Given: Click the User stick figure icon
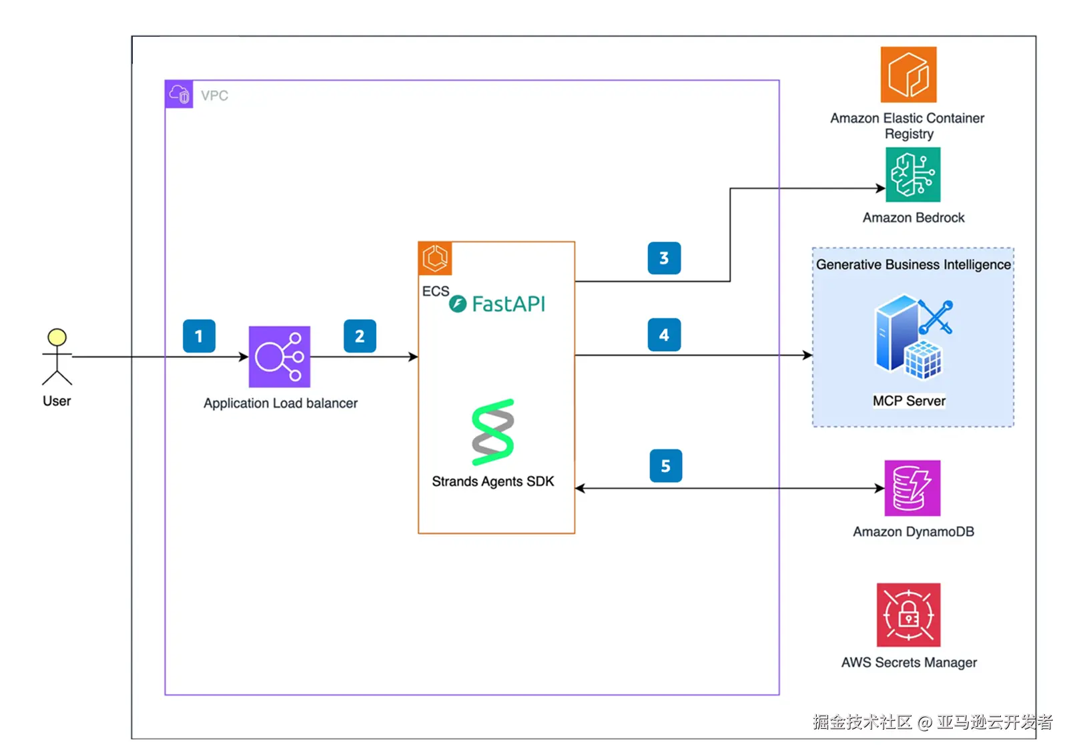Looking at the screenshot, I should point(57,356).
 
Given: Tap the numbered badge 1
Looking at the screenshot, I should point(199,336).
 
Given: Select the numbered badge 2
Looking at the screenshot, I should point(360,336).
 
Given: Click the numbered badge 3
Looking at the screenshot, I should point(664,258).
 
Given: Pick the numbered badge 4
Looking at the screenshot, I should point(664,335).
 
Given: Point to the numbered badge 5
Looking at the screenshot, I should point(665,466).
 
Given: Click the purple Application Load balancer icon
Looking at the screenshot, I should point(279,356).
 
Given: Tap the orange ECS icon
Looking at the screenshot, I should point(435,258).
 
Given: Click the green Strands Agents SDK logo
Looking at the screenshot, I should point(492,432).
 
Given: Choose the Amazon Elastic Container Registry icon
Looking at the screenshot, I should point(908,74).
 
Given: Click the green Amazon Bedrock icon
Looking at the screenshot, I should point(912,175).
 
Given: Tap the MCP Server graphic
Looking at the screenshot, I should point(912,337).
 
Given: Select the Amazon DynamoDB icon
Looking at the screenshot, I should point(912,488).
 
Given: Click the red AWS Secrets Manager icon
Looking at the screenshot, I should point(908,615).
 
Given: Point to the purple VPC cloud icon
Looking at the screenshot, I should point(179,94).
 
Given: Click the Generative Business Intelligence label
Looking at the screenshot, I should point(913,264).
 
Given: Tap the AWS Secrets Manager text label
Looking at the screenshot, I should point(909,662).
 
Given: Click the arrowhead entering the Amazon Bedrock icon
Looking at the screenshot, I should point(881,188).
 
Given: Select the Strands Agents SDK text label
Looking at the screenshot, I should point(492,481).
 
